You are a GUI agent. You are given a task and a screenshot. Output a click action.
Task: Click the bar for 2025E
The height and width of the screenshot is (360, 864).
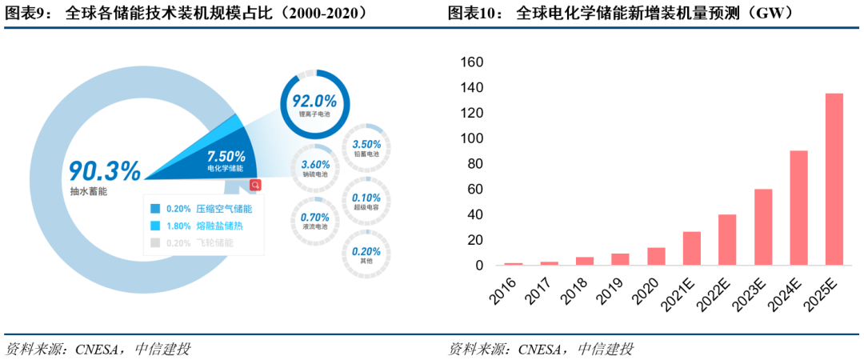coord(834,179)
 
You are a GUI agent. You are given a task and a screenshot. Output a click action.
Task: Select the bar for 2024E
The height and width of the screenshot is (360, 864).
coord(798,207)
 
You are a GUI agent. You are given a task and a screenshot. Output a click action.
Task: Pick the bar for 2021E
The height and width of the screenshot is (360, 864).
coord(692,248)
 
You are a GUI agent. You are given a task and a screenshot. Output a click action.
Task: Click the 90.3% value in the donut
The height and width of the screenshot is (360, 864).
coord(104,170)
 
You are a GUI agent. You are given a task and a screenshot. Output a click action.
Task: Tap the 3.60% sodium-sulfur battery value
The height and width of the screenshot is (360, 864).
coord(315,164)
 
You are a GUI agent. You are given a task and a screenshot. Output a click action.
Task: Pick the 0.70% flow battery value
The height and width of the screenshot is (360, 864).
coord(314,217)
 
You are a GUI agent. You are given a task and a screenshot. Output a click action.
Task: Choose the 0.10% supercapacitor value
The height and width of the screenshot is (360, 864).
coord(366,198)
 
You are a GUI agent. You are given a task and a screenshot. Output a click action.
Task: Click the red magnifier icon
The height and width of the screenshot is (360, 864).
coord(255,185)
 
